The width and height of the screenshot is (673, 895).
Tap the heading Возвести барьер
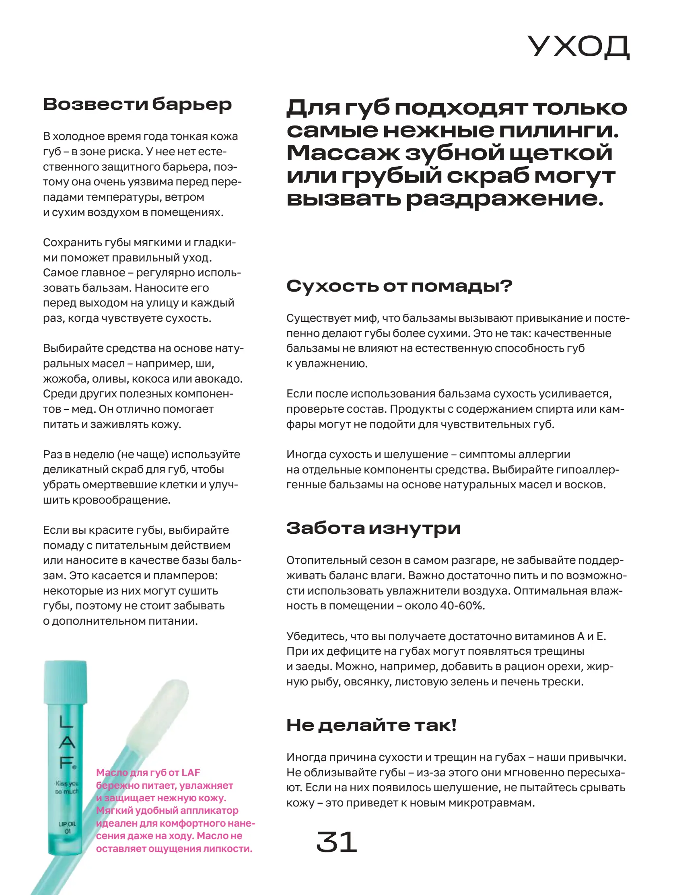tap(137, 105)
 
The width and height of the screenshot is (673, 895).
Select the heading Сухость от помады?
tap(399, 286)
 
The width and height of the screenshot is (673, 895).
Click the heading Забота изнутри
tap(373, 528)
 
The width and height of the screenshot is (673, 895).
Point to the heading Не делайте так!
tap(371, 726)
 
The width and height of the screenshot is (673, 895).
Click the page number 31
tap(336, 842)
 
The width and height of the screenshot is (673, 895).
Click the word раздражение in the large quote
tap(504, 199)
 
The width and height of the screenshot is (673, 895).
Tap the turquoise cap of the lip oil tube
tap(65, 682)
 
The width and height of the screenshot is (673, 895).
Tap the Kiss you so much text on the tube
tap(67, 787)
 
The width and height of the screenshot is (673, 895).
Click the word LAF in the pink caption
tap(190, 772)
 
